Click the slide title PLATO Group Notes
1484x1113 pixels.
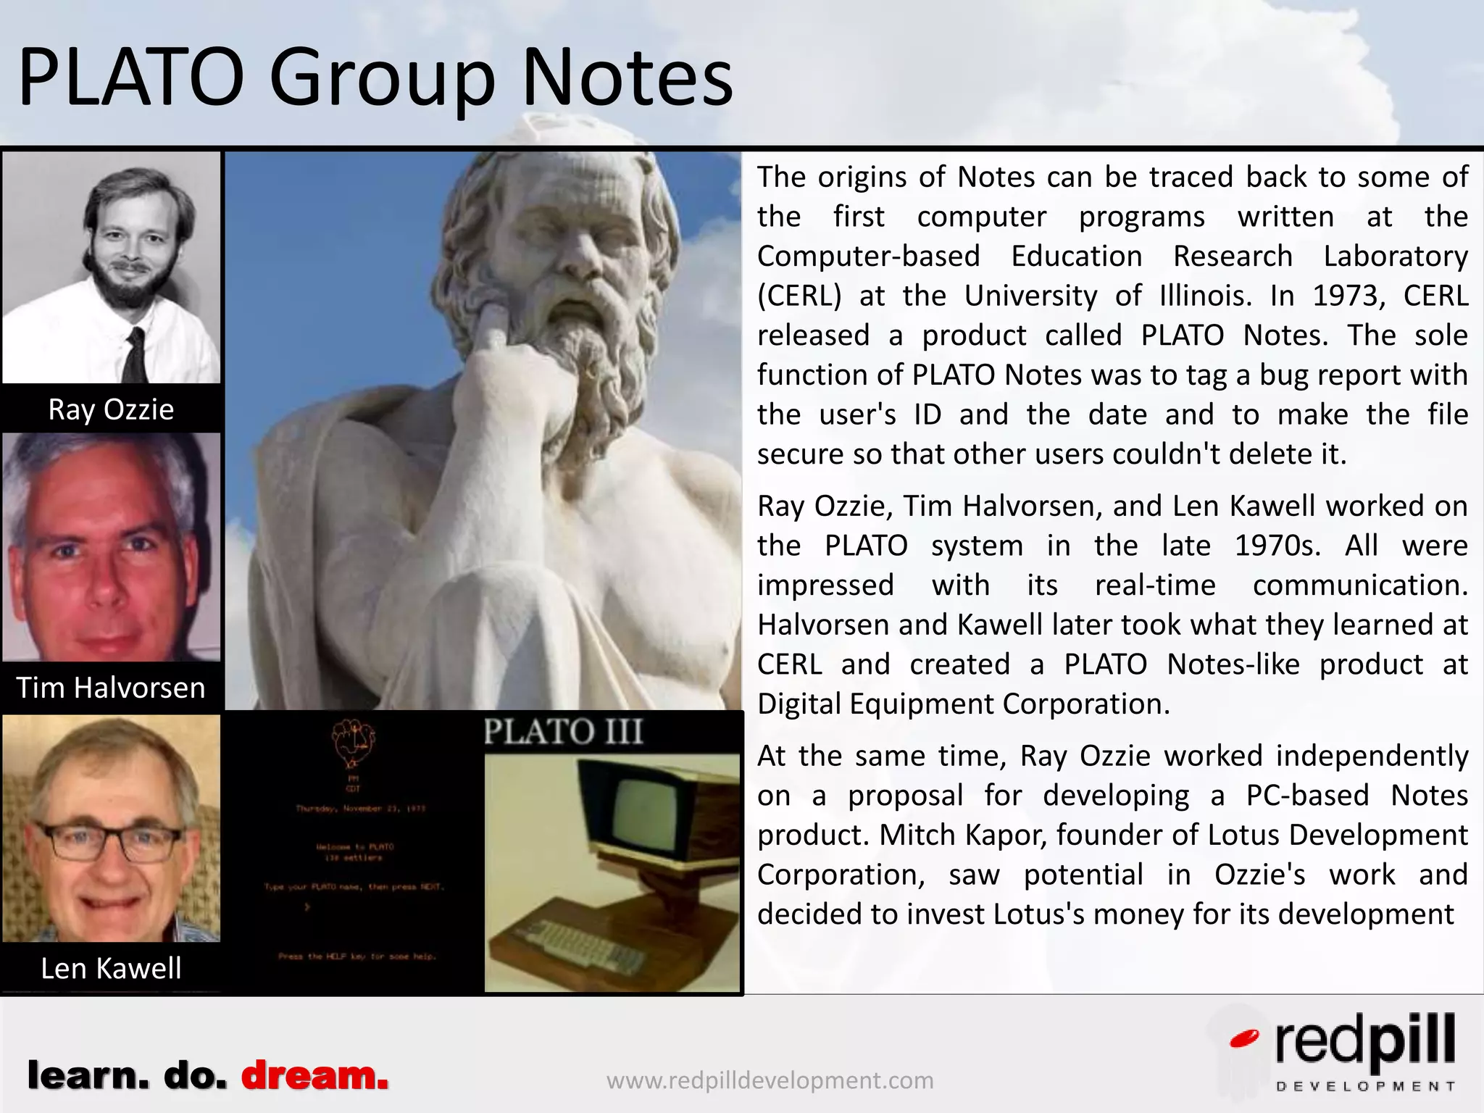pos(375,77)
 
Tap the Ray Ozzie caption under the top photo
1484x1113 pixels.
pos(111,409)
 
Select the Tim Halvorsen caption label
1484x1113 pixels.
pos(111,688)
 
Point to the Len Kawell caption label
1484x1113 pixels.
pos(111,968)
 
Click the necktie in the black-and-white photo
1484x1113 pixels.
pos(136,355)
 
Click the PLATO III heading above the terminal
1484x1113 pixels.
pos(563,731)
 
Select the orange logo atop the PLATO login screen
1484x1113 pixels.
pos(353,743)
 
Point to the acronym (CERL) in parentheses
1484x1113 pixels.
pos(799,296)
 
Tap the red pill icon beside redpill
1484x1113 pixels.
pos(1244,1039)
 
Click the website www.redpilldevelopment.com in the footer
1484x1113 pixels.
pos(770,1080)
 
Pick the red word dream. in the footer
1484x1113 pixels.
pos(314,1076)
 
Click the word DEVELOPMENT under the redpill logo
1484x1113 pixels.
pos(1365,1086)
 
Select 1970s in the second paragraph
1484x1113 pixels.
pos(1277,546)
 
